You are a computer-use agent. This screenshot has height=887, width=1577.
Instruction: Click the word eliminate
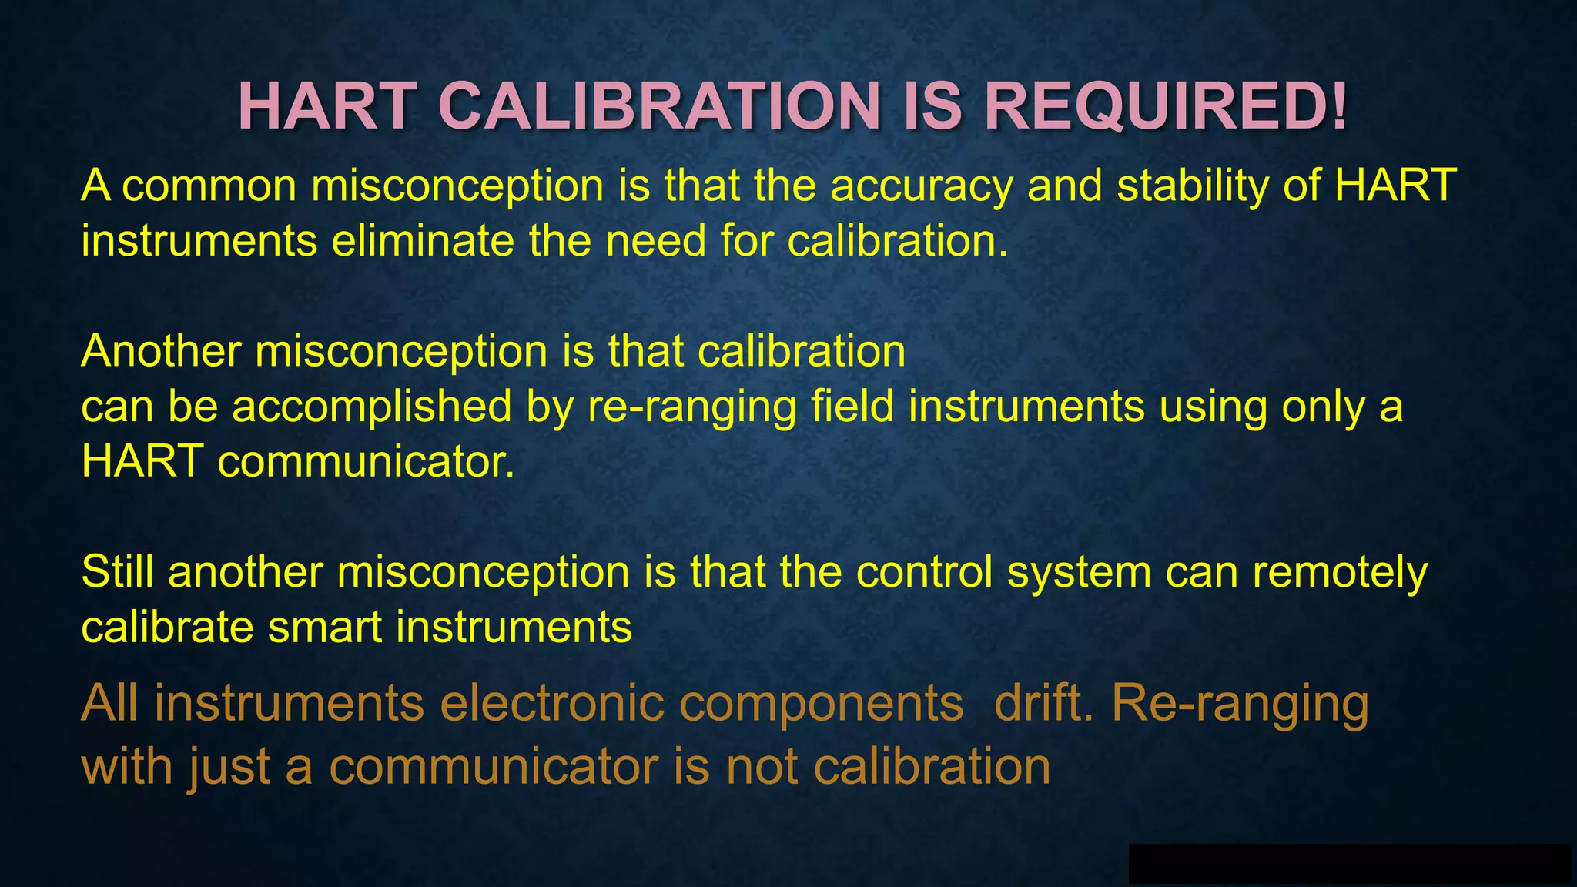423,242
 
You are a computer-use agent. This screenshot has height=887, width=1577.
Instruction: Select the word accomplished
372,407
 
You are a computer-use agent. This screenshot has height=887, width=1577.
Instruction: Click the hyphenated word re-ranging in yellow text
691,408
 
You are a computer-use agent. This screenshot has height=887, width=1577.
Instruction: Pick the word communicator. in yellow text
367,462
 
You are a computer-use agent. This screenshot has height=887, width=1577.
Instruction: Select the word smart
324,628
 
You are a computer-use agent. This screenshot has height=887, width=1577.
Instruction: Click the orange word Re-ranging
1240,705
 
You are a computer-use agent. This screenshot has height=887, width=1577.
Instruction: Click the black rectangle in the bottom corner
1349,863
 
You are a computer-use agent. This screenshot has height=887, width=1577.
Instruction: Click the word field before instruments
852,407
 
